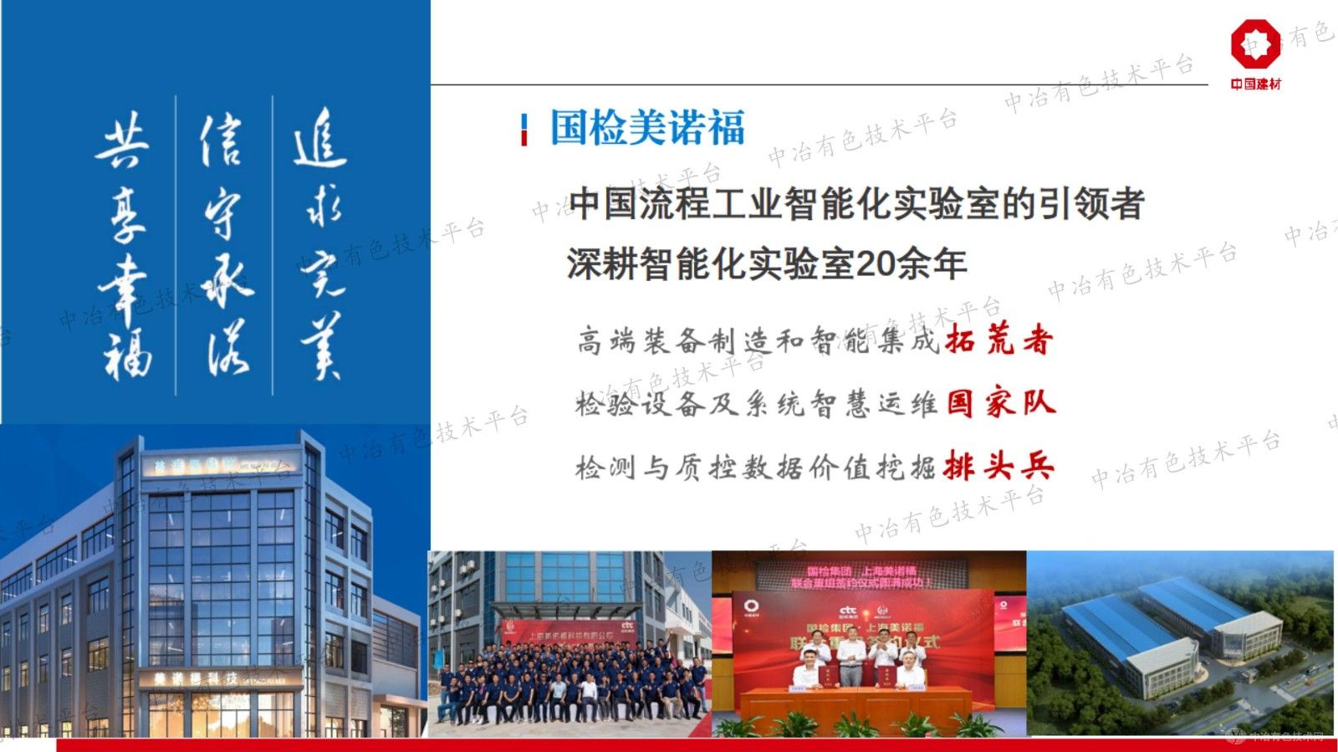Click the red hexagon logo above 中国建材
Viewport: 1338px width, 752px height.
click(x=1254, y=43)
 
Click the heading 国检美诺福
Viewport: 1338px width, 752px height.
click(x=646, y=129)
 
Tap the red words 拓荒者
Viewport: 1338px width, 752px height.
click(x=998, y=340)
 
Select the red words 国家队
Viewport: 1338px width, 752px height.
click(x=1000, y=403)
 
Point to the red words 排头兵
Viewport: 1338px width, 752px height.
click(x=998, y=466)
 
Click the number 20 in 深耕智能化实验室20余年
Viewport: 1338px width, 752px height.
click(x=873, y=264)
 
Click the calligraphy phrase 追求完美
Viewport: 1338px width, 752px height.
click(x=320, y=243)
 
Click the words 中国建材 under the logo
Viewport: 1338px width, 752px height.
click(x=1255, y=84)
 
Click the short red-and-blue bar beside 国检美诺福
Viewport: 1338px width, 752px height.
click(x=524, y=130)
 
